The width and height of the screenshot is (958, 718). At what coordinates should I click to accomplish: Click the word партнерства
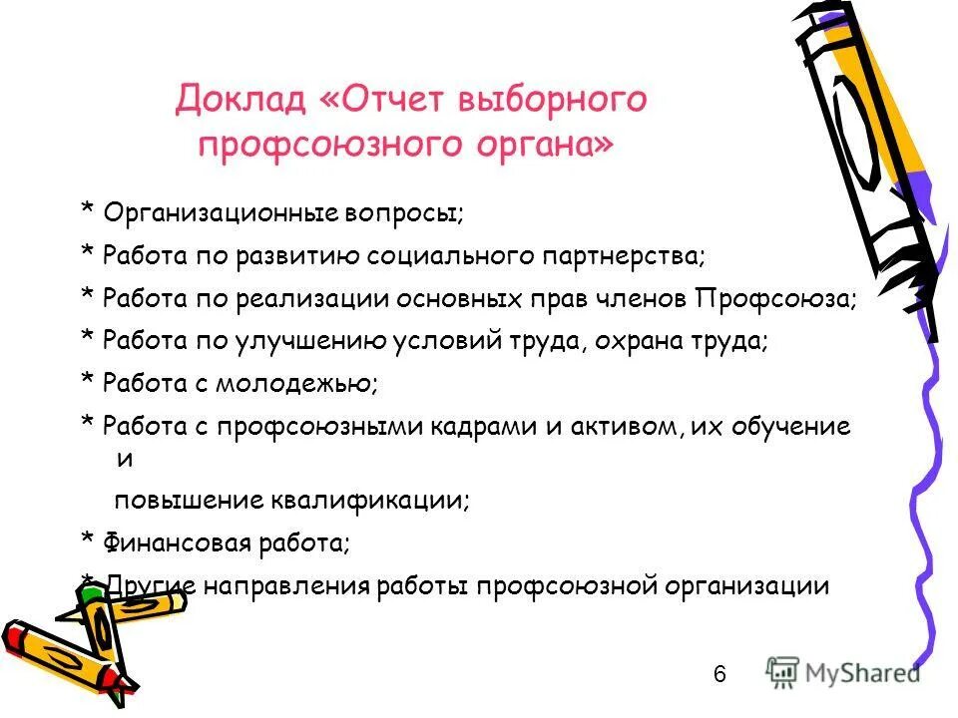pyautogui.click(x=624, y=255)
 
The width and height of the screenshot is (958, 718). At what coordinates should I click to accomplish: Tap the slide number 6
pyautogui.click(x=719, y=674)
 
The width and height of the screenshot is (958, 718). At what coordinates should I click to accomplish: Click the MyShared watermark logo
pyautogui.click(x=844, y=672)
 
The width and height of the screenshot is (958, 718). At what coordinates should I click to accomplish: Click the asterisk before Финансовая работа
pyautogui.click(x=87, y=542)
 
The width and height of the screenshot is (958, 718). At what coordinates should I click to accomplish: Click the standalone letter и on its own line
pyautogui.click(x=125, y=459)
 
